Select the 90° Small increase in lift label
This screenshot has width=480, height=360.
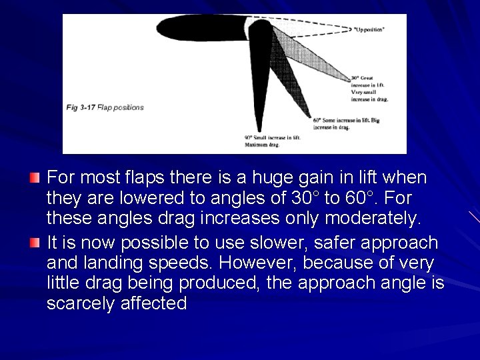click(x=273, y=140)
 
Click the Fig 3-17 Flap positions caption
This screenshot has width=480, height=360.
click(x=105, y=107)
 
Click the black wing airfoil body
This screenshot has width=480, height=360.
click(x=200, y=27)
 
